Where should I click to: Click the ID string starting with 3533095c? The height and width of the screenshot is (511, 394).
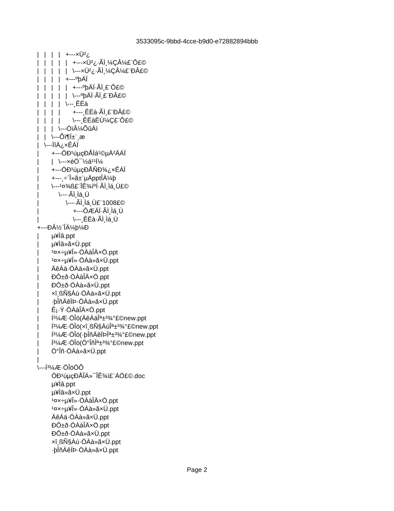[x=197, y=41]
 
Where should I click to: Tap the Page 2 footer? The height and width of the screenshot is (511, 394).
[x=197, y=470]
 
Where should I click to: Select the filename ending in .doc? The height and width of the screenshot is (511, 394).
[x=98, y=376]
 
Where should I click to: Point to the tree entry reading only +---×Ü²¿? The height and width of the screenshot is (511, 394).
[x=78, y=54]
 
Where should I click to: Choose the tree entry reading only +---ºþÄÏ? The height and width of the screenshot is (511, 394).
[x=77, y=79]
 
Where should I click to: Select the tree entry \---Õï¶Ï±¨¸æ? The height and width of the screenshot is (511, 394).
[x=68, y=137]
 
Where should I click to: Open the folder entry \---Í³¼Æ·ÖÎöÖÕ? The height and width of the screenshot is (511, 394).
[x=61, y=368]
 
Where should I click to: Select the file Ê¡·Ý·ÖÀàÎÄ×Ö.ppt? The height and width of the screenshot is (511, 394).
[x=78, y=310]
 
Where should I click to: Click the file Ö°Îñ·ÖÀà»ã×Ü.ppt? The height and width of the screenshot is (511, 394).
[x=79, y=351]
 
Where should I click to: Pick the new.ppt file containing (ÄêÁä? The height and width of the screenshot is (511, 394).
[x=99, y=318]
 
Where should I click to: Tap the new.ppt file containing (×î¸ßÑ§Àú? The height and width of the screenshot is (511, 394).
[x=105, y=326]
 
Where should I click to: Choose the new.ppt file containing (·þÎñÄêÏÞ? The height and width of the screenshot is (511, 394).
[x=104, y=334]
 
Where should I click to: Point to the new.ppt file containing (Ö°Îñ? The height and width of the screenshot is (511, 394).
[x=97, y=343]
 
